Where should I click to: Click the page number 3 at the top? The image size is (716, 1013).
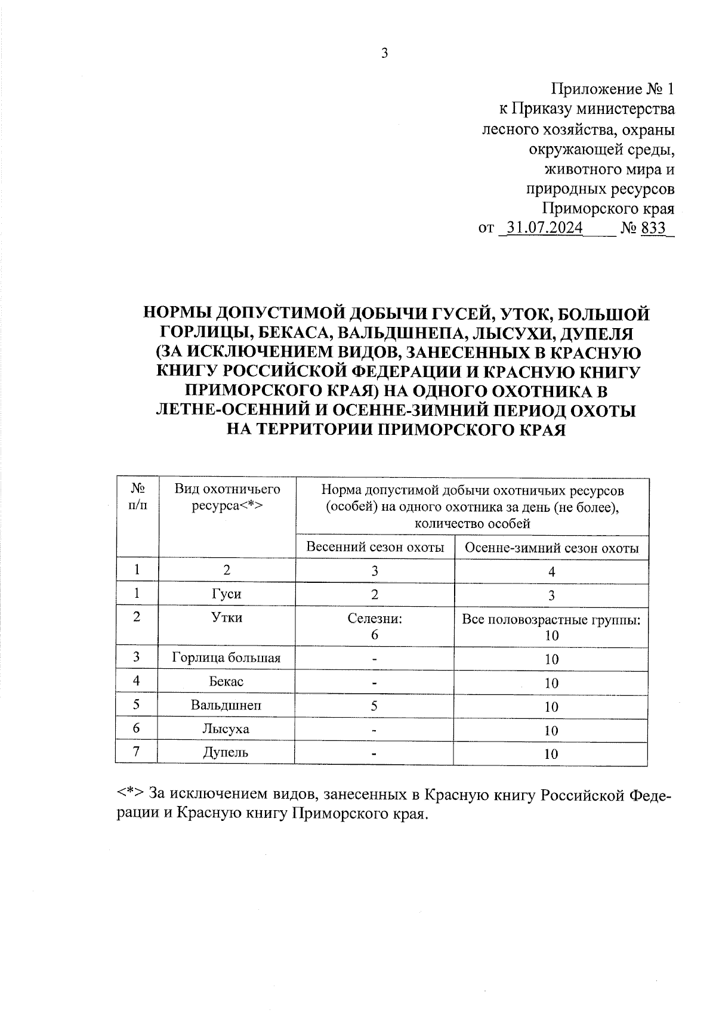pos(384,54)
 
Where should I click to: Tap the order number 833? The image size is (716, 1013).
pos(653,228)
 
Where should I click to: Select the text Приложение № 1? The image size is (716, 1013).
pos(613,89)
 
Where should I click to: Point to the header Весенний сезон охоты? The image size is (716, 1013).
pos(375,547)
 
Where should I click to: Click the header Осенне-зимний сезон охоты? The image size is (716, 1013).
pos(551,548)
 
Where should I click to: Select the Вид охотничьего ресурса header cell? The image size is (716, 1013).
pos(227,498)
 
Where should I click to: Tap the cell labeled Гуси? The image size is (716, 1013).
pos(227,594)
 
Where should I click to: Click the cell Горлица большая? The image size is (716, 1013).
pos(226,658)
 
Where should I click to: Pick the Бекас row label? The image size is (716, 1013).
pos(227,681)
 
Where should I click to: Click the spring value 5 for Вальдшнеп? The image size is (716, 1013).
pos(374,706)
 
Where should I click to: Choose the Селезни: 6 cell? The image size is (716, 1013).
pos(375,626)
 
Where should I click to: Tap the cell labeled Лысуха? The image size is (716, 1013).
pos(226,729)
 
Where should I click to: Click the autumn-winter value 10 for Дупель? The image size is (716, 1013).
pos(551,754)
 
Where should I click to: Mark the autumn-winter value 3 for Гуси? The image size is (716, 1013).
pos(551,595)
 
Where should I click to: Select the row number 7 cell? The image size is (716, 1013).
pos(137,752)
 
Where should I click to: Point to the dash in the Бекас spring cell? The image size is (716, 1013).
pos(374,682)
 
